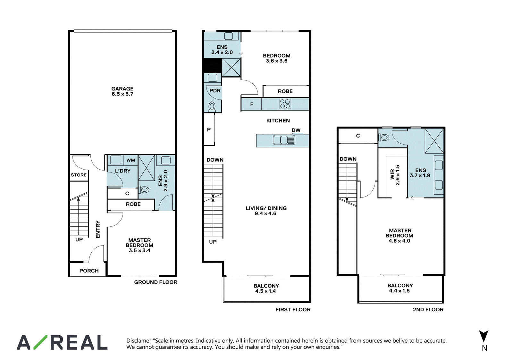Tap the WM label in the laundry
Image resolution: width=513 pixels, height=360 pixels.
(x=130, y=160)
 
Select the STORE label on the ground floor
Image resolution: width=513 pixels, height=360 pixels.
(x=79, y=175)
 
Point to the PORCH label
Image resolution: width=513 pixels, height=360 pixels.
(x=89, y=271)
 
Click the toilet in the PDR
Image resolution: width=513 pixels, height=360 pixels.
(x=212, y=107)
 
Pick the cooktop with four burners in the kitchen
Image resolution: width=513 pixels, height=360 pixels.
(x=285, y=104)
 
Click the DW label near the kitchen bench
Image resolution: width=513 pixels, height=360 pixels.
(x=296, y=130)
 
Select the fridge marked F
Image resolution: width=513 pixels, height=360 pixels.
(x=251, y=104)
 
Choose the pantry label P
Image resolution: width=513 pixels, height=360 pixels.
(x=209, y=130)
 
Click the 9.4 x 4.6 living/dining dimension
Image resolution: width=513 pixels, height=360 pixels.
(x=266, y=213)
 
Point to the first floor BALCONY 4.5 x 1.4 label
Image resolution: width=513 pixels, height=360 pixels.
(x=266, y=288)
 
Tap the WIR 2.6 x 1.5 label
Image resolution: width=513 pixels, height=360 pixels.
(x=395, y=175)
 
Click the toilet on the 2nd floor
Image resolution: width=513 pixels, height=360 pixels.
(x=384, y=138)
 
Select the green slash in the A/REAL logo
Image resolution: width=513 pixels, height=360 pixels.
(x=40, y=342)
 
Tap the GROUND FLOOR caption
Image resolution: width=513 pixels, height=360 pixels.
(x=156, y=282)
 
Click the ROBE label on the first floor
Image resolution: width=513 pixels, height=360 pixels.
(x=285, y=91)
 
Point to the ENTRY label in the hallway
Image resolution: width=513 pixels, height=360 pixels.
(x=98, y=229)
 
